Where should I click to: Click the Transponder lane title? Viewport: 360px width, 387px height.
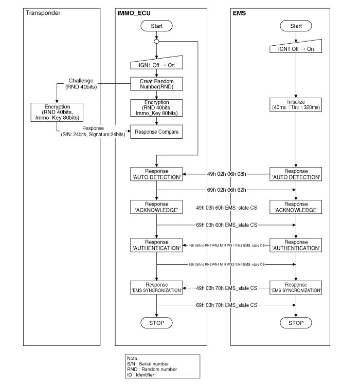[43, 13]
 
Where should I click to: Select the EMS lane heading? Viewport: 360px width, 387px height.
[240, 13]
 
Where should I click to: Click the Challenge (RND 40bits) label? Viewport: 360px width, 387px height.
[81, 84]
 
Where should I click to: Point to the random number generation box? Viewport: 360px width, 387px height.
[156, 84]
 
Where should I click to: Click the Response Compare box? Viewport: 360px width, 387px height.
[156, 132]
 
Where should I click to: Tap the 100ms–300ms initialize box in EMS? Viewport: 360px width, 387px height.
[296, 105]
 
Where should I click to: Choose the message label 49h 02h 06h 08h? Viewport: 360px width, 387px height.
[226, 174]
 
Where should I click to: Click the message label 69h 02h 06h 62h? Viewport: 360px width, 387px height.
[226, 190]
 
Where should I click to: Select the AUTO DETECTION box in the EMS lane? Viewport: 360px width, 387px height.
[296, 174]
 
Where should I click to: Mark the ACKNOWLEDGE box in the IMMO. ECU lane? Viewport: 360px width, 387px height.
[156, 208]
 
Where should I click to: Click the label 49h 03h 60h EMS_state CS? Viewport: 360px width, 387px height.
[226, 208]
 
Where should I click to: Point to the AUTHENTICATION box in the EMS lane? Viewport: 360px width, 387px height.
[296, 245]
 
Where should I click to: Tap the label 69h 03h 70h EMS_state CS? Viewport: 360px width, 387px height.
[226, 305]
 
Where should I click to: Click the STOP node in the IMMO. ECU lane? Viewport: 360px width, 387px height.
[156, 323]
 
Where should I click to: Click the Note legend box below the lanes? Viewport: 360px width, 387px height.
[161, 366]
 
